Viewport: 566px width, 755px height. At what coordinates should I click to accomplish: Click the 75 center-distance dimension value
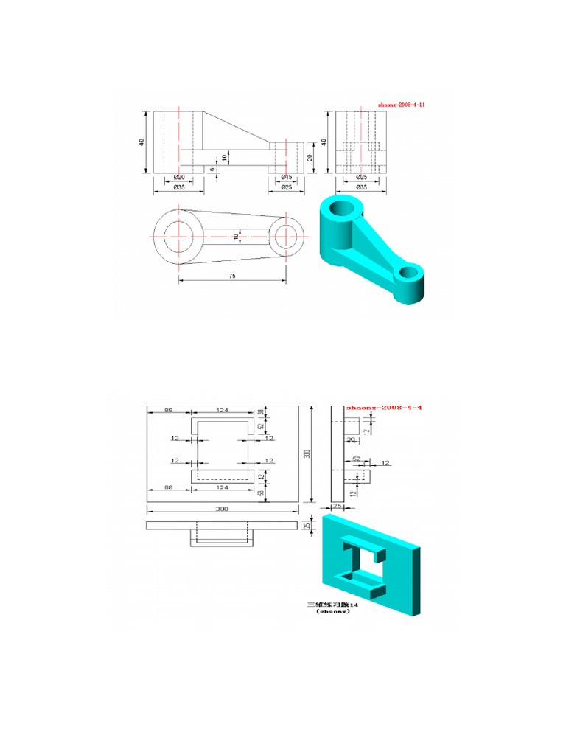(x=231, y=276)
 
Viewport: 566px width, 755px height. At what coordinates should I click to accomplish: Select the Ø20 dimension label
(x=178, y=177)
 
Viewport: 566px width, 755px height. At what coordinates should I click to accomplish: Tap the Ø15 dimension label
(x=287, y=177)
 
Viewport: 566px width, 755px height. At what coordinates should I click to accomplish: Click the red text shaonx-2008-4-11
(x=402, y=105)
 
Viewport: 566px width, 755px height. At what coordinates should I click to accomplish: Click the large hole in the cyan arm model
(x=343, y=208)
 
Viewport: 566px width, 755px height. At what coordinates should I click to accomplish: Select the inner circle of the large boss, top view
(x=178, y=236)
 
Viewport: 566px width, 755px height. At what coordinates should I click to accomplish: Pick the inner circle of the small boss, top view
(x=287, y=236)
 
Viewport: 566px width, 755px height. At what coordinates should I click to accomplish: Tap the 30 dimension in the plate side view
(x=351, y=440)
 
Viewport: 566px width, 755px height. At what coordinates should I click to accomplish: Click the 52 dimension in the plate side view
(x=357, y=459)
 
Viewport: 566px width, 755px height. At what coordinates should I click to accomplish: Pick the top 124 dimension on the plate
(x=222, y=411)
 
